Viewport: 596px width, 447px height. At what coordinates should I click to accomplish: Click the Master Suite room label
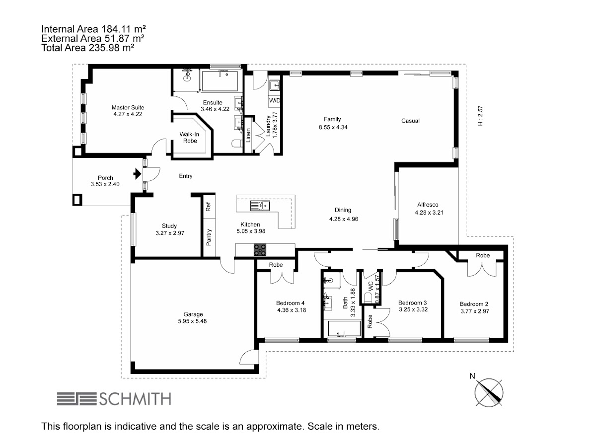click(128, 107)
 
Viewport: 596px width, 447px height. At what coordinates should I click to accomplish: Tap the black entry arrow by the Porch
click(138, 174)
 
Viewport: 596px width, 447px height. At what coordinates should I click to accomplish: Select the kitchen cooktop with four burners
click(260, 250)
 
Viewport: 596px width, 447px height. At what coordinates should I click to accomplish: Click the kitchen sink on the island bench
click(260, 206)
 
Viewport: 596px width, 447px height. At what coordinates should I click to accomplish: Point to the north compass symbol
click(488, 392)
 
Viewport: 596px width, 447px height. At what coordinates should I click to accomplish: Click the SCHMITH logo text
click(135, 399)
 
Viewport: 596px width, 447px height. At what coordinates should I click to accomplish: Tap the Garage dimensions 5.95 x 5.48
click(192, 321)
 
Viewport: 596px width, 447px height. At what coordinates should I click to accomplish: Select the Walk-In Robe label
click(190, 138)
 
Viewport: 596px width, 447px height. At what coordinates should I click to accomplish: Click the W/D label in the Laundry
click(274, 100)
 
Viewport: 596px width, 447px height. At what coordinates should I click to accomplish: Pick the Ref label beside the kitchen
click(208, 207)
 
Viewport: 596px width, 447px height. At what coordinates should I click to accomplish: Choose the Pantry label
click(209, 237)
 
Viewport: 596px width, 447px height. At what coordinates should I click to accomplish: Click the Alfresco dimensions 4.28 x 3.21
click(429, 213)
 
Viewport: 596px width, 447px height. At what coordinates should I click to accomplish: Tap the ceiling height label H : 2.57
click(480, 116)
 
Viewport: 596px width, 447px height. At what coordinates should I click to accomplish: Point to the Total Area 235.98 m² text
click(88, 48)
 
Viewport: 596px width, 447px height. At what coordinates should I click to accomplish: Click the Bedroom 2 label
click(474, 304)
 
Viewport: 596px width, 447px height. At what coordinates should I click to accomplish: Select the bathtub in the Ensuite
click(220, 81)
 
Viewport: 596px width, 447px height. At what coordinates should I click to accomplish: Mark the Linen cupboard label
click(248, 135)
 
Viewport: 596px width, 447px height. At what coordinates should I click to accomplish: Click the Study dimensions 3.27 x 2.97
click(170, 233)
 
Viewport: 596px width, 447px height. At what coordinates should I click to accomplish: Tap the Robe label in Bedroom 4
click(276, 265)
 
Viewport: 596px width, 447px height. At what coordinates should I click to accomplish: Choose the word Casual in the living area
click(410, 121)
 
